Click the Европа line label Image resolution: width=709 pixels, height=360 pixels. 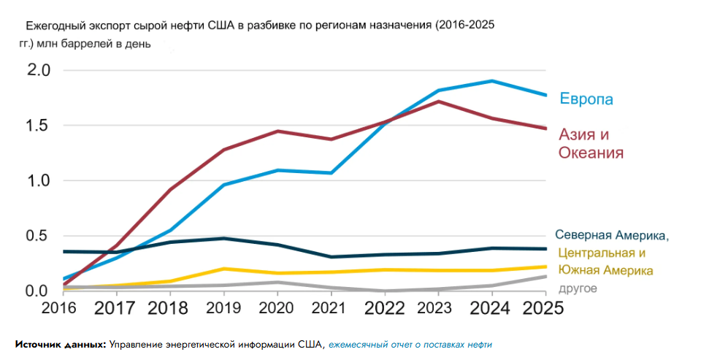(586, 99)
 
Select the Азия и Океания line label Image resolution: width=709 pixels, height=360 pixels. (591, 144)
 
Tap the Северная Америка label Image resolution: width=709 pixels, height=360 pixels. (612, 235)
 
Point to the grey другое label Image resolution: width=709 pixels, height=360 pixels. (578, 288)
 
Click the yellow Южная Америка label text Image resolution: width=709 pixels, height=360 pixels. (605, 271)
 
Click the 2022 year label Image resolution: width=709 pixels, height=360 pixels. (386, 307)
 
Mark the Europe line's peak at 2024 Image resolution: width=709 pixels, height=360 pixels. (492, 80)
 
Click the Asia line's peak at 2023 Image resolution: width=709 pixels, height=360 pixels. (438, 102)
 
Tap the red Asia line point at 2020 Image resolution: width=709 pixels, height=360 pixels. (277, 131)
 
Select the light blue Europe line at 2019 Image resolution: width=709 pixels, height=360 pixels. (223, 185)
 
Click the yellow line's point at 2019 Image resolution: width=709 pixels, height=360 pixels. (223, 269)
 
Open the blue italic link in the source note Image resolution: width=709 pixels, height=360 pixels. (410, 344)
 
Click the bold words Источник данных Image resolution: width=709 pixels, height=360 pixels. (61, 344)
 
